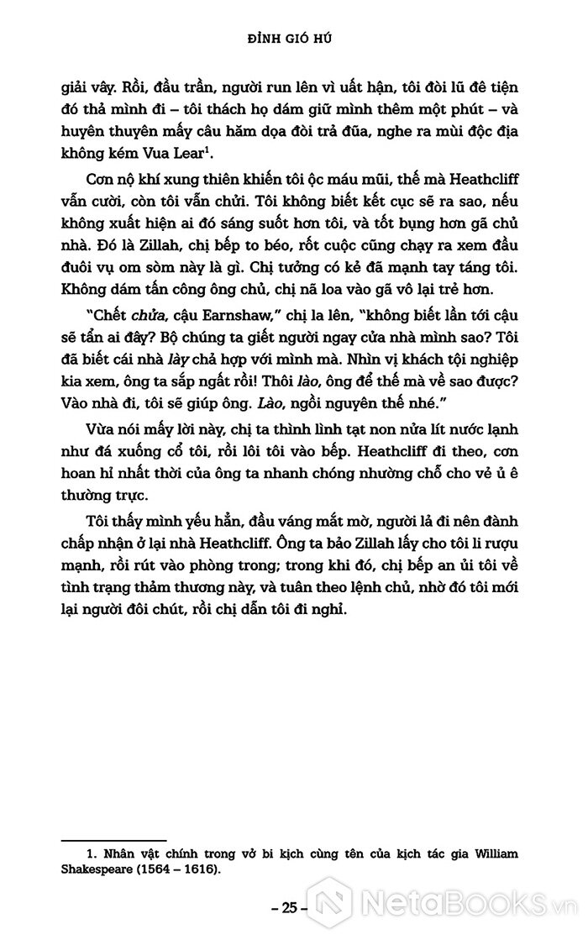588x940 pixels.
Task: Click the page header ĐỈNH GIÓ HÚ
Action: (x=292, y=39)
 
